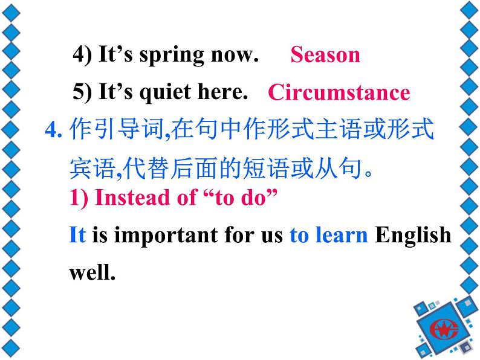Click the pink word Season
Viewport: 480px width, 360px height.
pyautogui.click(x=325, y=55)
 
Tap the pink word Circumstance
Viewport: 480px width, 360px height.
pyautogui.click(x=339, y=92)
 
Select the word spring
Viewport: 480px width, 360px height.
pyautogui.click(x=172, y=56)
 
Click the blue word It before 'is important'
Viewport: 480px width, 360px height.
pyautogui.click(x=77, y=234)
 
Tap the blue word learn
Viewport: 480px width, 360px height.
pyautogui.click(x=342, y=234)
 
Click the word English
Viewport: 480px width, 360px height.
pyautogui.click(x=413, y=236)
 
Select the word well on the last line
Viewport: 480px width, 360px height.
pyautogui.click(x=92, y=272)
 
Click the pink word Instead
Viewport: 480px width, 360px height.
pyautogui.click(x=132, y=198)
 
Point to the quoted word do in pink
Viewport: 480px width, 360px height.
pyautogui.click(x=252, y=198)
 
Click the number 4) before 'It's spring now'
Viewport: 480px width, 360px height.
pyautogui.click(x=82, y=55)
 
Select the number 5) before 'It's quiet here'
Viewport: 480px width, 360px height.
pyautogui.click(x=82, y=92)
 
